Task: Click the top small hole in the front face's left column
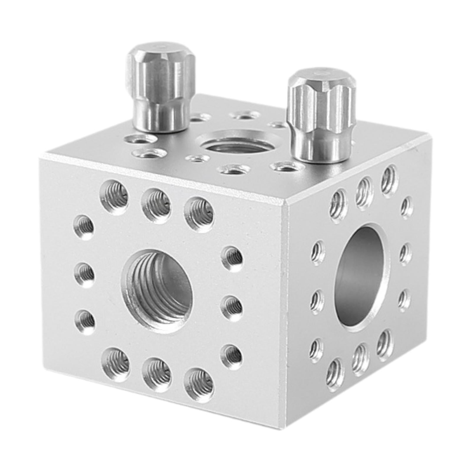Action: tap(84, 227)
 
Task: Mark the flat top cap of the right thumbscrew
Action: tap(321, 75)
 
